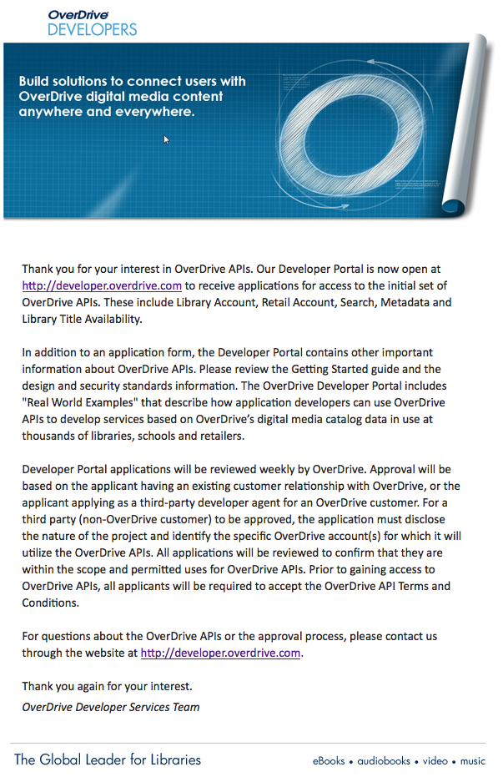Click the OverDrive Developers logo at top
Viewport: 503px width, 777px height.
pyautogui.click(x=92, y=23)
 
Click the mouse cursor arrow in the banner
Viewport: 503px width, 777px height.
pyautogui.click(x=166, y=139)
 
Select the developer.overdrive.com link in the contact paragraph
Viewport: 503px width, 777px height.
pyautogui.click(x=220, y=653)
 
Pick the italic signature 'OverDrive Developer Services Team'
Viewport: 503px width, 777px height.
pyautogui.click(x=111, y=707)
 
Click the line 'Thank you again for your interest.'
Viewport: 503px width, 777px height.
pyautogui.click(x=107, y=686)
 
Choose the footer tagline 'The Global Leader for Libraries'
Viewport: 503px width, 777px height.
pyautogui.click(x=108, y=759)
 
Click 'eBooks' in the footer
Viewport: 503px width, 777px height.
pyautogui.click(x=329, y=761)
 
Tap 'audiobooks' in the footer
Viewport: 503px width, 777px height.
pyautogui.click(x=384, y=761)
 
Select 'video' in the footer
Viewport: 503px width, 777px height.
pyautogui.click(x=435, y=761)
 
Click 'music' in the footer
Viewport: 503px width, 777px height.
pyautogui.click(x=473, y=761)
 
